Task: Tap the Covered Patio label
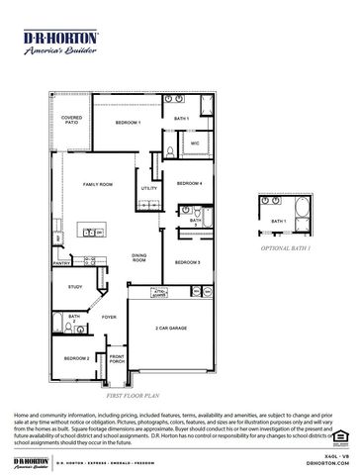click(x=71, y=120)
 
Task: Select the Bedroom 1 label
click(x=128, y=122)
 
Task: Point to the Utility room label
click(x=149, y=188)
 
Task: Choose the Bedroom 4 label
click(x=189, y=184)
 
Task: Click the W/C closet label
click(x=195, y=144)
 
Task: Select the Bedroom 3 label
click(x=188, y=262)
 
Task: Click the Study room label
click(x=75, y=287)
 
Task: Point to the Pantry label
click(x=61, y=264)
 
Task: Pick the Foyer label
click(x=109, y=318)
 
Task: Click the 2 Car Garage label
click(x=171, y=327)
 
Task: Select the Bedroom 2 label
click(x=77, y=358)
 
